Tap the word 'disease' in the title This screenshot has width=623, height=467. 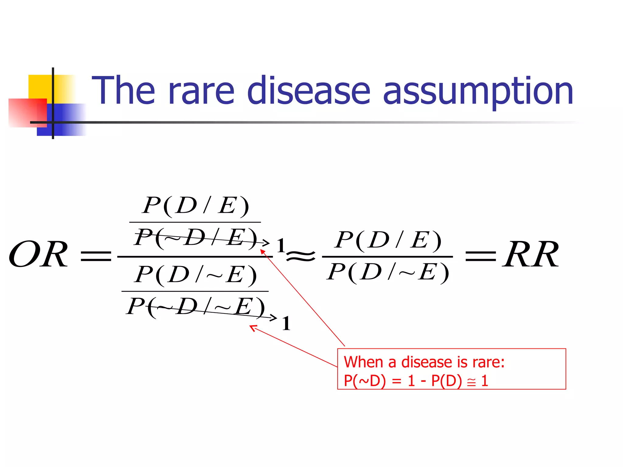pos(308,91)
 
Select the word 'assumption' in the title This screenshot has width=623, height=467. pos(478,91)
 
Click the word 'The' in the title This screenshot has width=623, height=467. pos(123,91)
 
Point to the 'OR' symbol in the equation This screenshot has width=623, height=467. pos(38,254)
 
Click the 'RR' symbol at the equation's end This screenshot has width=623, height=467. pos(531,254)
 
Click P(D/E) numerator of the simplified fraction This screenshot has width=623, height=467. pos(388,240)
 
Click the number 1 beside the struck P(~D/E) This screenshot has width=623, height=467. pos(281,245)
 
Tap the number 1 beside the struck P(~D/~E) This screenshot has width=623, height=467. pos(286,323)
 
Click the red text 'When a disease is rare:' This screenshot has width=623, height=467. pos(424,362)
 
